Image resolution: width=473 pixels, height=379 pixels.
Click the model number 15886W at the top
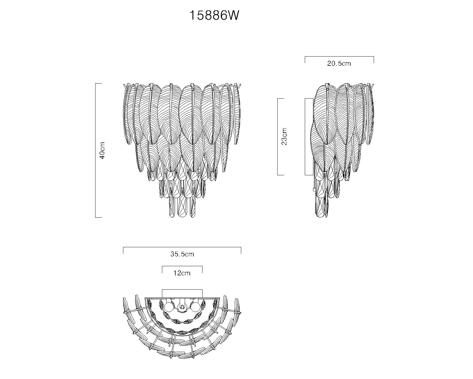coord(214,16)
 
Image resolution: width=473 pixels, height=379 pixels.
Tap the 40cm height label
coord(102,150)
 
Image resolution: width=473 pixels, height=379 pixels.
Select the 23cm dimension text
coord(284,136)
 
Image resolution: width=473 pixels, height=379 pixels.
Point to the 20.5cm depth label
coord(339,63)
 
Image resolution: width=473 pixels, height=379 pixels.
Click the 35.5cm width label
coord(182,254)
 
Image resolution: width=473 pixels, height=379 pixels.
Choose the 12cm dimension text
coord(182,273)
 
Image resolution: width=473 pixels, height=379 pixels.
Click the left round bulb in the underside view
coord(169,307)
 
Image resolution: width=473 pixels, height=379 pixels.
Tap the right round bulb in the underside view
coord(195,307)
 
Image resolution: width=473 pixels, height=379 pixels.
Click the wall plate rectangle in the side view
coord(309,137)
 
